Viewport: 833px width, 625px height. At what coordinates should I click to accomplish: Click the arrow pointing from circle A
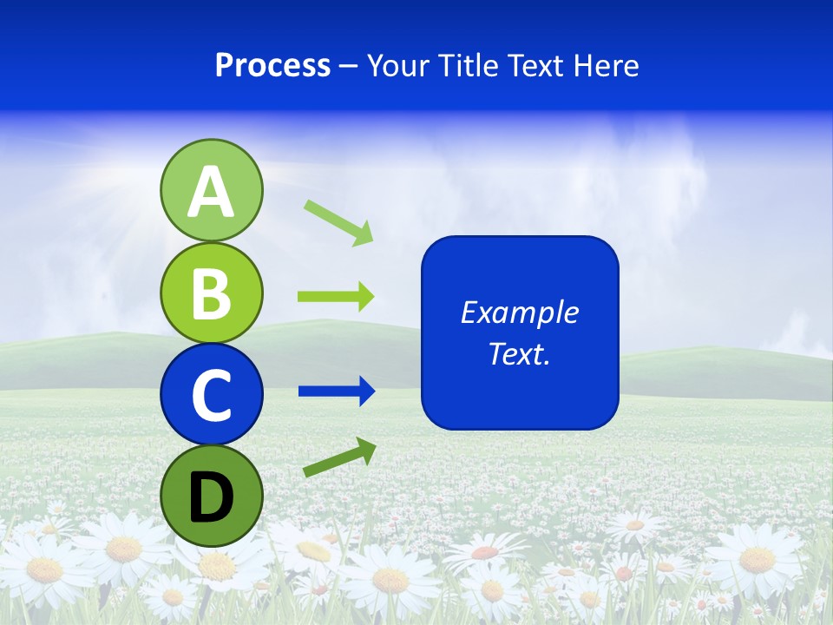[x=338, y=222]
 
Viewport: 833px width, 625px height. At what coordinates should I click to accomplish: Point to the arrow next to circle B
[x=336, y=297]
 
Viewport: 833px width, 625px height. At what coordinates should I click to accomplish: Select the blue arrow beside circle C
[x=336, y=391]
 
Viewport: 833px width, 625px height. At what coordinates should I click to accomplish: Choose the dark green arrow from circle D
[x=339, y=457]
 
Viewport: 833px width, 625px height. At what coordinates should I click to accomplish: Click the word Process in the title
[x=272, y=66]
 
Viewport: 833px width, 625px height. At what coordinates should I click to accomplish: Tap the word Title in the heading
[x=465, y=66]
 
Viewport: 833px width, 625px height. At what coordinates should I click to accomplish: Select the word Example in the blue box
[x=519, y=312]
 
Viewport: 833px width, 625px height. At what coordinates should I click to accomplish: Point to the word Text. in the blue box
[x=519, y=353]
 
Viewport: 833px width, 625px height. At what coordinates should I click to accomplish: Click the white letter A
[x=212, y=192]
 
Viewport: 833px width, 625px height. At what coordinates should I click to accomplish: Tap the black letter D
[x=212, y=497]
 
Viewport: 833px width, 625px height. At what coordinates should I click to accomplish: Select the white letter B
[x=212, y=294]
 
